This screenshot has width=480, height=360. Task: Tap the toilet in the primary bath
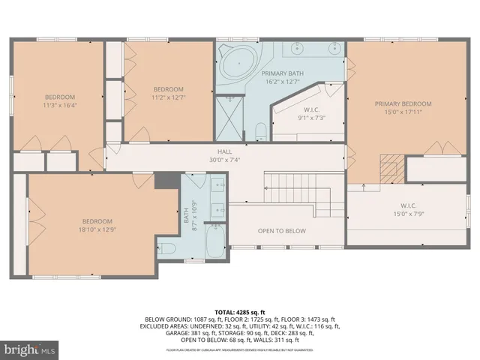[260, 132]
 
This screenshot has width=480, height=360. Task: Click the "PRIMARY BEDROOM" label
[403, 104]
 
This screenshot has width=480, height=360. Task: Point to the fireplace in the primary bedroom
[389, 168]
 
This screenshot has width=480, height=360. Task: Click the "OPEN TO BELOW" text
[281, 231]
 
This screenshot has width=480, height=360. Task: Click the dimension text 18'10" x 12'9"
[97, 231]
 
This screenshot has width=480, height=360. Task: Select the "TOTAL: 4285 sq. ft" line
[239, 311]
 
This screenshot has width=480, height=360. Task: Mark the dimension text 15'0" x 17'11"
[403, 113]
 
